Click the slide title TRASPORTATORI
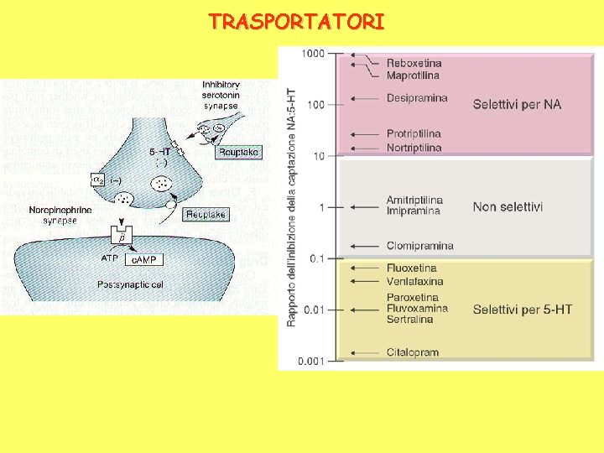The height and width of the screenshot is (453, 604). pos(297,21)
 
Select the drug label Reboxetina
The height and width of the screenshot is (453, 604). pos(414,63)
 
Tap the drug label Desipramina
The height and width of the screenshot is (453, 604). pos(417,98)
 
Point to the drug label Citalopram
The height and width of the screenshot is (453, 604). pos(413,352)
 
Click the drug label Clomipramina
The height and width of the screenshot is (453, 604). pos(419,246)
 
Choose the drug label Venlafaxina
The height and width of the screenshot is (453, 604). pos(415,281)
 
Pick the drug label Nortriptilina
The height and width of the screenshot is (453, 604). pos(414,148)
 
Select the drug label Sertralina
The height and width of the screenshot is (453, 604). pos(409,320)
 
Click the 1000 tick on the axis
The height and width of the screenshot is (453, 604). pos(314,54)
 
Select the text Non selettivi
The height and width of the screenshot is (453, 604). pos(508,206)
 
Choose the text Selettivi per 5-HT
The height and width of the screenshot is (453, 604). pos(522,310)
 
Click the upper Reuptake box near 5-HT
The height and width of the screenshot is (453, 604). pos(237,152)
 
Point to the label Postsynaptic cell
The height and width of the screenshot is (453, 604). pos(131,285)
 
